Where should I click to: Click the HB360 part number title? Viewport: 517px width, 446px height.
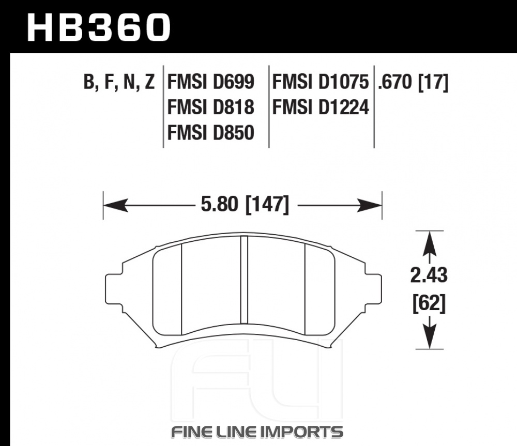coord(99,27)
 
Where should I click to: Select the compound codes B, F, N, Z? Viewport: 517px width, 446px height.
coord(119,82)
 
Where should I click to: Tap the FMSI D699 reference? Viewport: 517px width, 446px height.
coord(211,82)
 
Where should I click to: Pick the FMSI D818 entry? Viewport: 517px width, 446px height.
coord(211,107)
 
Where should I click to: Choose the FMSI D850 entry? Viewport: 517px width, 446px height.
coord(211,133)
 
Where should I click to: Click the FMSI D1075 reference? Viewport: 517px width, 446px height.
coord(320,82)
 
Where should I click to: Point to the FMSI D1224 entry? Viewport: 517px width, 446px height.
coord(320,107)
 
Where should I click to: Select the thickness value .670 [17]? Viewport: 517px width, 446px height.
coord(413,82)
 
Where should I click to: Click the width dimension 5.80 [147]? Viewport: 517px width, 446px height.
coord(245,205)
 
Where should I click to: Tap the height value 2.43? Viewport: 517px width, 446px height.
coord(429,275)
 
